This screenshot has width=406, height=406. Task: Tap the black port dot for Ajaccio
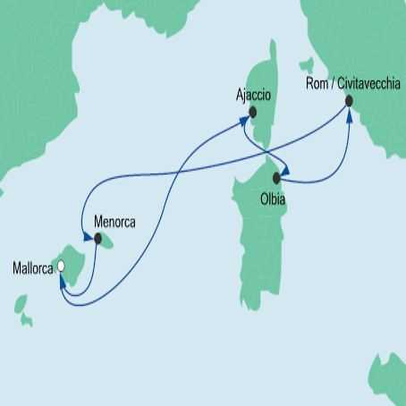click(253, 113)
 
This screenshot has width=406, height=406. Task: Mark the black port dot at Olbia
click(277, 178)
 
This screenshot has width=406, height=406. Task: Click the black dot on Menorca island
click(98, 239)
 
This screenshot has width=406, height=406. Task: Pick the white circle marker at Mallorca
click(62, 266)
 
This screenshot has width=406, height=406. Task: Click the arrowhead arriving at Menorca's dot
click(88, 237)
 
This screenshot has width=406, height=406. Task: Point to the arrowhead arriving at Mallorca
click(61, 280)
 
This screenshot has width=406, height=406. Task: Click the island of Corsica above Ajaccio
click(265, 67)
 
